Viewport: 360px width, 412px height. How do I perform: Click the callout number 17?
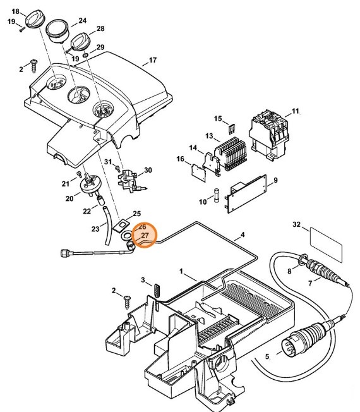point(153,60)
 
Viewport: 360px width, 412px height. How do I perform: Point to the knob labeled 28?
point(80,42)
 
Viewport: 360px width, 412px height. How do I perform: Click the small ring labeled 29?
point(85,55)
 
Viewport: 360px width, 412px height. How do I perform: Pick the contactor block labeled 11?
point(268,134)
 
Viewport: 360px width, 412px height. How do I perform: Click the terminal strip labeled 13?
point(231,154)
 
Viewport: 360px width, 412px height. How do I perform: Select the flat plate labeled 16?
point(199,173)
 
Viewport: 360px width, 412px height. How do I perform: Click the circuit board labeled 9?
point(246,193)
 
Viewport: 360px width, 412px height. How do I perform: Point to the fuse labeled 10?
point(217,195)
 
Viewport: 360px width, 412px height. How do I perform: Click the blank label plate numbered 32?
point(326,245)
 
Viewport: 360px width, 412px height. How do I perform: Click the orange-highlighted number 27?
point(145,235)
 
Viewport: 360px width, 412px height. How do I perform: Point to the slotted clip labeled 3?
point(157,290)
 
